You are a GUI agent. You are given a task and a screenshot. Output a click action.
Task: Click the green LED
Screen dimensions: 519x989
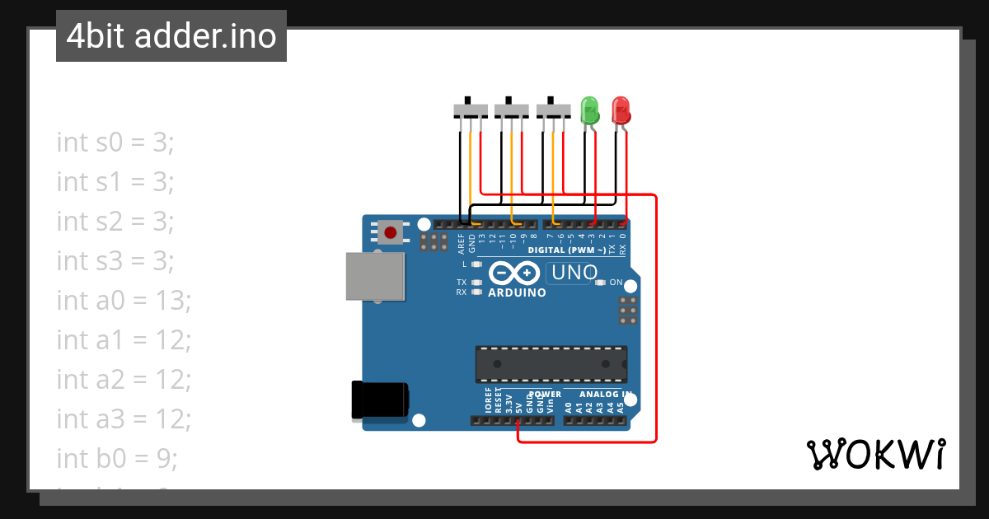point(590,110)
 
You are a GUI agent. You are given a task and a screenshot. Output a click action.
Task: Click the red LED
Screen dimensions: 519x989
point(621,110)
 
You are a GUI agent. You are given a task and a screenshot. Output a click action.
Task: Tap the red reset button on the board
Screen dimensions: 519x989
point(390,232)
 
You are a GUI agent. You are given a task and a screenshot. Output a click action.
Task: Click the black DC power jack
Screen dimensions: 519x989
point(380,400)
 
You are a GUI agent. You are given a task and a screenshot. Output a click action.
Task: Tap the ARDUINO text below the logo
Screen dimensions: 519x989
point(517,292)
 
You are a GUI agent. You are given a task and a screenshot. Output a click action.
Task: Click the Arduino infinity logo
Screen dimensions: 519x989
point(514,273)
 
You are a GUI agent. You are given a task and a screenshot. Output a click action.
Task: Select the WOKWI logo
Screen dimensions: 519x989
point(875,454)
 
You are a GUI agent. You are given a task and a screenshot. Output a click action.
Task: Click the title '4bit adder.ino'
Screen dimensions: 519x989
point(171,36)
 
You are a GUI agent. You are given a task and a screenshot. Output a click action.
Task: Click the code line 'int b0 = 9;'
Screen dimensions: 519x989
point(117,458)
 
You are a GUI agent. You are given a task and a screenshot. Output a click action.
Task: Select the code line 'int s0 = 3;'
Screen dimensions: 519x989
point(115,142)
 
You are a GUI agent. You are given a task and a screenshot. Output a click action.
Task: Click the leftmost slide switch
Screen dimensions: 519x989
point(471,110)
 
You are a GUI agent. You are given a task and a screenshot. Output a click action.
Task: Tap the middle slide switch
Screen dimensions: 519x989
point(511,110)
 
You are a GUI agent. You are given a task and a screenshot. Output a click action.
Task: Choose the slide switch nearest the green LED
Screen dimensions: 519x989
point(553,110)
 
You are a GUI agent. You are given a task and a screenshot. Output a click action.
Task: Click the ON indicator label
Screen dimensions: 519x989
point(615,283)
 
